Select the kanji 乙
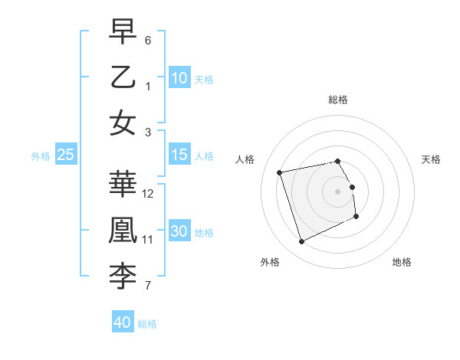point(123,77)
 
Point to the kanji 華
point(123,183)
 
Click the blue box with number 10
point(179,77)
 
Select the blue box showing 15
point(179,155)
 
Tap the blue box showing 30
point(179,231)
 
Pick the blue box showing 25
point(66,155)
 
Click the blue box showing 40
point(123,322)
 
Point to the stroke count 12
point(148,193)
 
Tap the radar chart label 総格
point(338,100)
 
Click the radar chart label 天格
point(432,159)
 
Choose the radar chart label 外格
point(269,262)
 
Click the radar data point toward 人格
point(280,172)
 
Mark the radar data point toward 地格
point(356,217)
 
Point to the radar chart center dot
point(338,191)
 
